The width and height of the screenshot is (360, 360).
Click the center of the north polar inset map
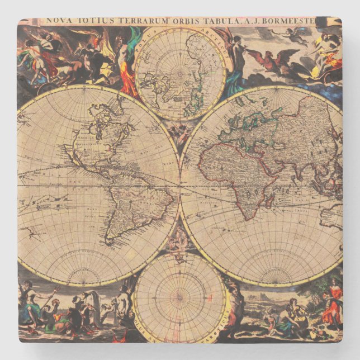click(x=180, y=73)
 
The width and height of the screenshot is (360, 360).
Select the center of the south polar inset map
click(x=180, y=298)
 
